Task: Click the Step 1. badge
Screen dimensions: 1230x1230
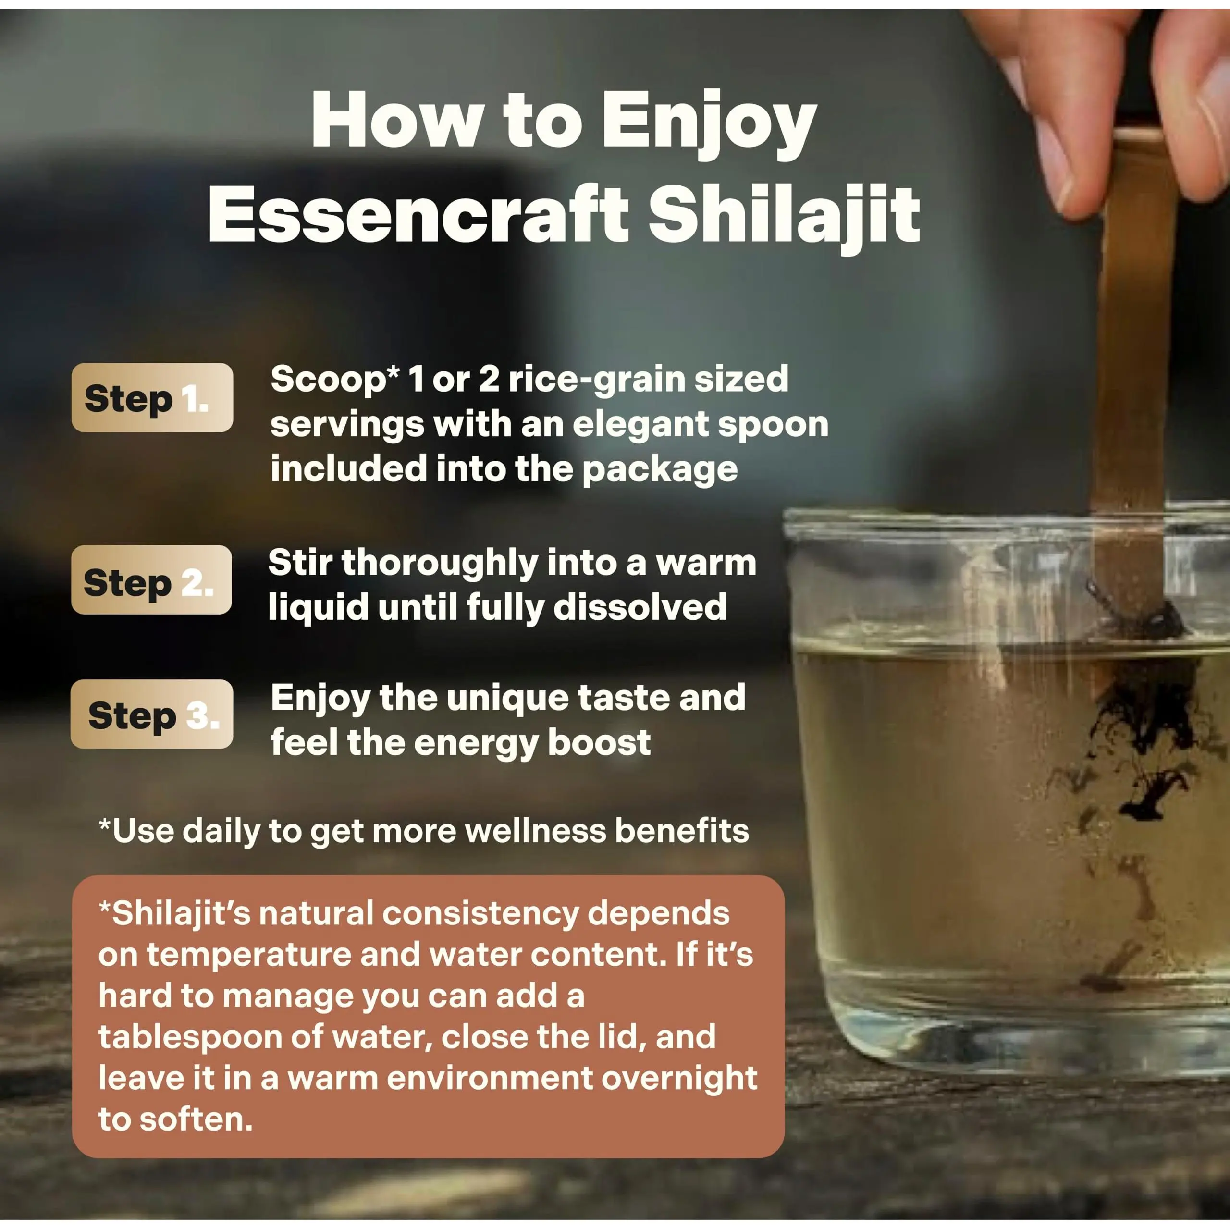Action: (152, 397)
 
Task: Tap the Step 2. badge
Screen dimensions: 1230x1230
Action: (151, 579)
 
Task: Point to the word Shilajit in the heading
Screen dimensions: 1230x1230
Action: (784, 217)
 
